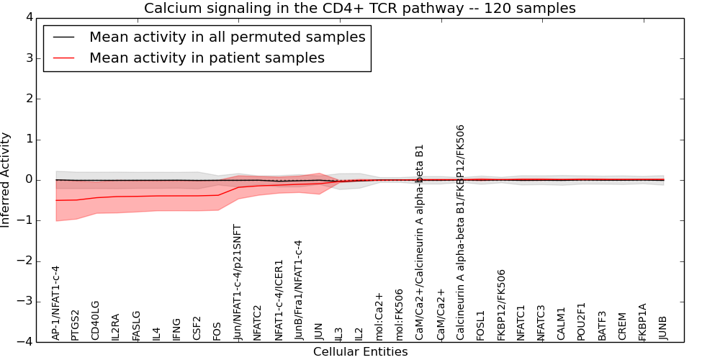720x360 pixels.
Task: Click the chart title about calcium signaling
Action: coord(360,9)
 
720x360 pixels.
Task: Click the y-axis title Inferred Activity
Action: coord(6,180)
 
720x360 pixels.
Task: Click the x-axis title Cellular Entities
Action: coord(360,352)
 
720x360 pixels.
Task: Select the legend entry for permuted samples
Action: coord(227,37)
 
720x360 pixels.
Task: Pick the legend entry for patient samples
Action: coord(207,58)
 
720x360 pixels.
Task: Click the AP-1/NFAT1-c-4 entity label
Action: coord(56,302)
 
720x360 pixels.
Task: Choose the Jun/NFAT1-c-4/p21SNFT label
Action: coord(238,282)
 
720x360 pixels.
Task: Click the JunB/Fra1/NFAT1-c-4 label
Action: coord(299,289)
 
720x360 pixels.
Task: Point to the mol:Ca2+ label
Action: coord(379,315)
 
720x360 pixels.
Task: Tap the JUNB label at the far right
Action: coord(663,328)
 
